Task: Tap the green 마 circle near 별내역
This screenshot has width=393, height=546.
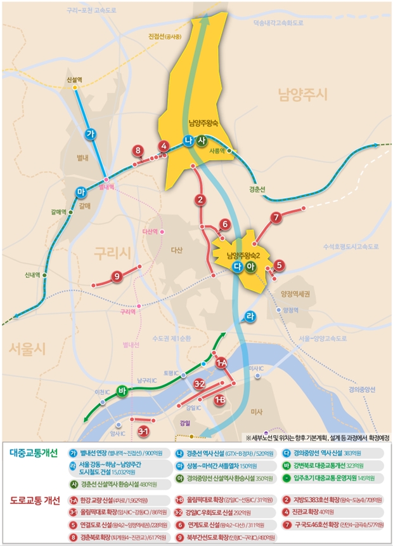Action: click(81, 192)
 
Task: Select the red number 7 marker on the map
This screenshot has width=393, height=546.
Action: click(276, 218)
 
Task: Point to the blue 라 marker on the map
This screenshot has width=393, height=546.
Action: click(250, 316)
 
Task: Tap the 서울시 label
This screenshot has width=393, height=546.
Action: click(29, 348)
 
